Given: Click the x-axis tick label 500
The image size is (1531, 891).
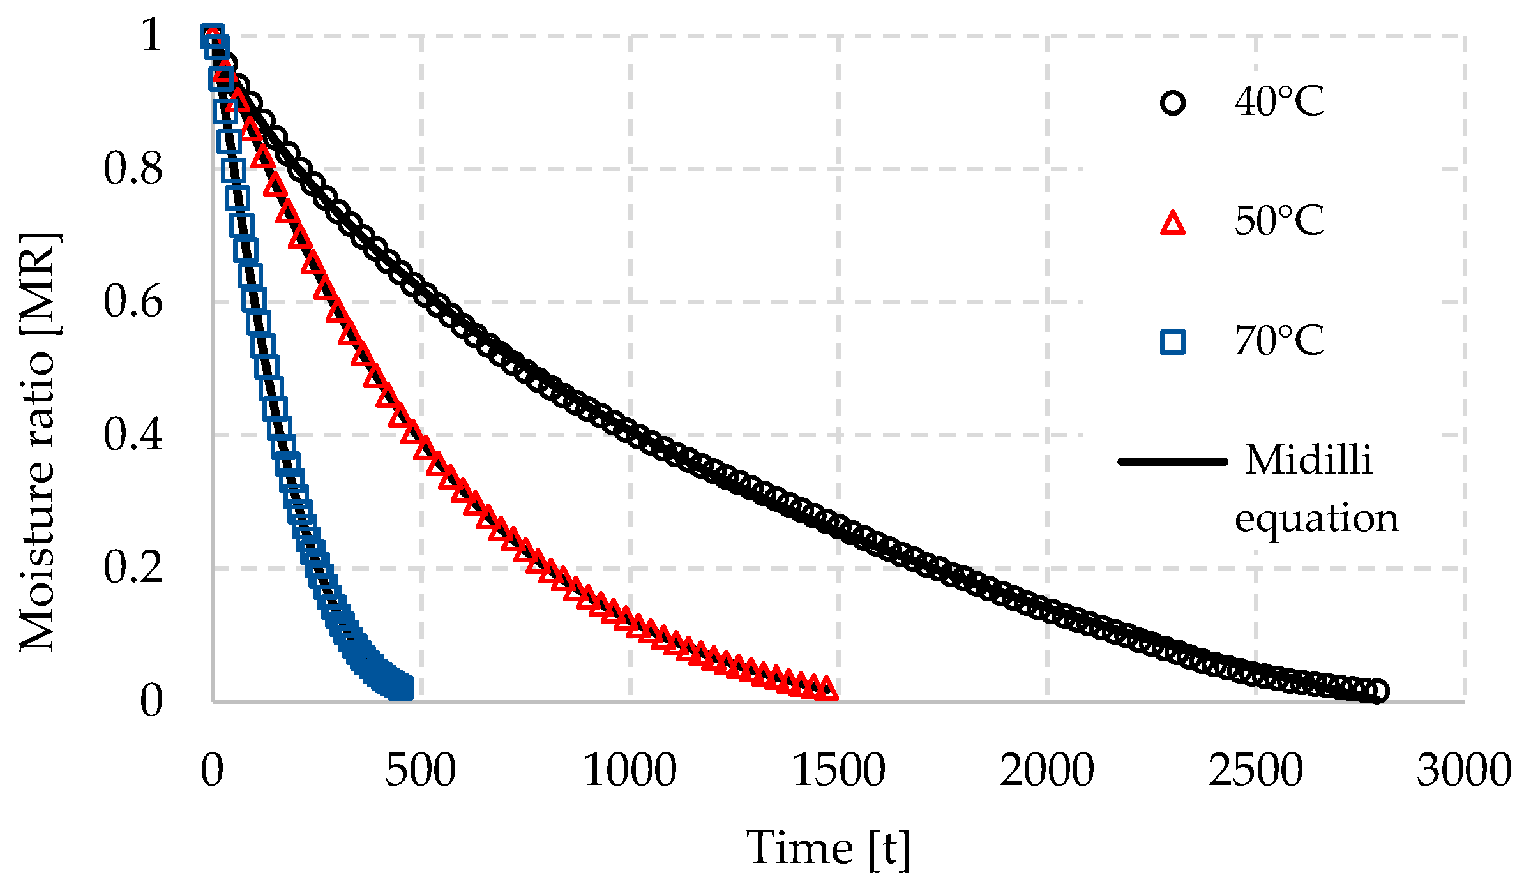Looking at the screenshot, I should click(420, 770).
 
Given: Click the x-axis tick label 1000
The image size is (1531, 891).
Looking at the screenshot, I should click(630, 770).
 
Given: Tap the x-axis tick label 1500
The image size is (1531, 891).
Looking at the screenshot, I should click(838, 770).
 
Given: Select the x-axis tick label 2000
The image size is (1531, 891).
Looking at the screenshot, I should click(1047, 770).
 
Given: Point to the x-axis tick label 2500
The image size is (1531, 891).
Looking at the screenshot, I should click(1255, 770).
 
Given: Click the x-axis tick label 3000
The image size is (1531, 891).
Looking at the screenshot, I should click(1464, 770).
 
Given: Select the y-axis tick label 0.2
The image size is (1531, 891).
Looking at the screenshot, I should click(133, 568).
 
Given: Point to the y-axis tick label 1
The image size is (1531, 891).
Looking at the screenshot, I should click(152, 35).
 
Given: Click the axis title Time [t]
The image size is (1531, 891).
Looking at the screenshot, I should click(828, 850).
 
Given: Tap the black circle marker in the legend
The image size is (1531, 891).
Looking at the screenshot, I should click(1173, 103).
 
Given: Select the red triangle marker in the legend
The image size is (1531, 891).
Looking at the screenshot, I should click(1173, 224).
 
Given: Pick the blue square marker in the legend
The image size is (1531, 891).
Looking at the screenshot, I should click(1173, 342).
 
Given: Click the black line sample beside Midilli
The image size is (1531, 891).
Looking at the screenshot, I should click(1173, 461).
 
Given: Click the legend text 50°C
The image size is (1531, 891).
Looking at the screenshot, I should click(1279, 221).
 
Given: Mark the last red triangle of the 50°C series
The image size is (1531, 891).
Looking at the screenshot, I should click(827, 689).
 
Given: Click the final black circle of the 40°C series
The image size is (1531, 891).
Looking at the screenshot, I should click(1377, 691).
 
